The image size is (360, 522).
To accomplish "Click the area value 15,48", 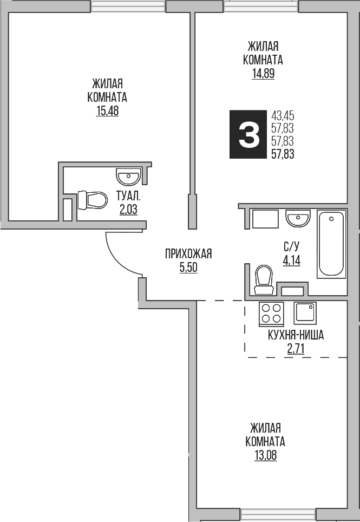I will [x=107, y=112].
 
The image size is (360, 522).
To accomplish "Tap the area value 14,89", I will [x=263, y=74].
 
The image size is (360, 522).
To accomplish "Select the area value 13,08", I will [x=265, y=455].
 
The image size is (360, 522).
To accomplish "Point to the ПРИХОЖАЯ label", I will [x=188, y=253].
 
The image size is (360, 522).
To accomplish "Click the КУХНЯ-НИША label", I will [x=296, y=335].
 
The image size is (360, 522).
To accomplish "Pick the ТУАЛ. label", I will [x=128, y=196].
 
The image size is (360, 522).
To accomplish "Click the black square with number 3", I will [x=248, y=135].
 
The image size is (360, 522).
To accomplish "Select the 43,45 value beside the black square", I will [x=282, y=116].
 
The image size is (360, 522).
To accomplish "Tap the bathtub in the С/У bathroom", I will [x=331, y=244].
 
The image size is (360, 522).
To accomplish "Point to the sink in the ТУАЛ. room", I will [x=128, y=176].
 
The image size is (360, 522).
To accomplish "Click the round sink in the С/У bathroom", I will [x=298, y=219].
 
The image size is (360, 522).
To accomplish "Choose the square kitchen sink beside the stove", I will [x=304, y=312].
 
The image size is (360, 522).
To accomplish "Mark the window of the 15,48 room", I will [x=128, y=6].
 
